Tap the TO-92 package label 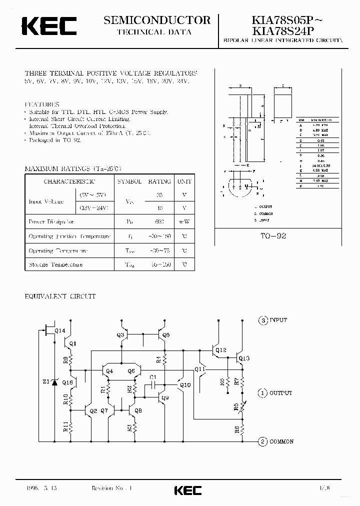(274, 235)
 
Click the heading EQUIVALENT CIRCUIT (60, 296)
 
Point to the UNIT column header (184, 181)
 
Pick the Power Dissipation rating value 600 (159, 221)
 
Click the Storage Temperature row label (55, 264)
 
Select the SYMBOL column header (129, 181)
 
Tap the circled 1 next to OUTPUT (262, 393)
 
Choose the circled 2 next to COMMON (262, 441)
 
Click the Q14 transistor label (59, 330)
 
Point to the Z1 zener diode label (46, 382)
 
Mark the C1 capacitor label (153, 377)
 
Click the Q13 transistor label (243, 358)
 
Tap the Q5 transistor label (166, 335)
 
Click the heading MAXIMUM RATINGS (73, 169)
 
